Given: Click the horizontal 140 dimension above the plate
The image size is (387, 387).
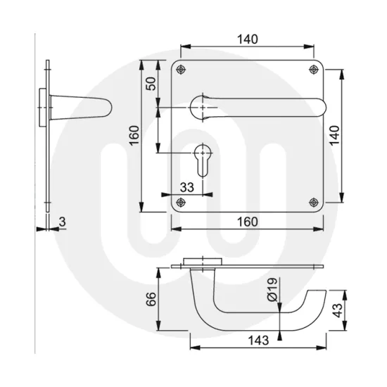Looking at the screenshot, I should pyautogui.click(x=246, y=39).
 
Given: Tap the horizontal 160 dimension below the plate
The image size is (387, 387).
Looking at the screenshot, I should pyautogui.click(x=246, y=221).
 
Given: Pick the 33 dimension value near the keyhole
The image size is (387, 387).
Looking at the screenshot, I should pyautogui.click(x=188, y=187).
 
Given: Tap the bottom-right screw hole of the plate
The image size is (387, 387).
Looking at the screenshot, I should pyautogui.click(x=312, y=201).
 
